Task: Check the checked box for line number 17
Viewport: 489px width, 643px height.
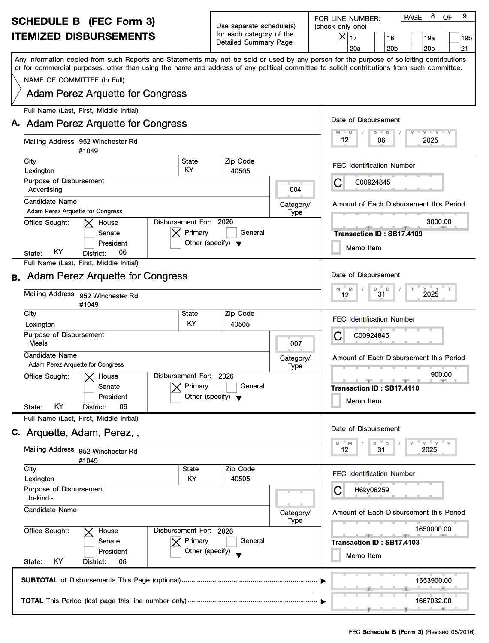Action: pyautogui.click(x=342, y=37)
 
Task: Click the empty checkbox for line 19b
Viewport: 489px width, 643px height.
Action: pyautogui.click(x=454, y=37)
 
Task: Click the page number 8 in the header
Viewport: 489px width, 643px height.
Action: pyautogui.click(x=433, y=17)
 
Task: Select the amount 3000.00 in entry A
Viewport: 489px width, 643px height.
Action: pyautogui.click(x=438, y=222)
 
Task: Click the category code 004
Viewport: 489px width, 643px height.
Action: pyautogui.click(x=295, y=190)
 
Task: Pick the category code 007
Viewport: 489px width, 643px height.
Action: pyautogui.click(x=296, y=343)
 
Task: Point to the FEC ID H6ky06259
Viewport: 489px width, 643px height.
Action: pyautogui.click(x=371, y=490)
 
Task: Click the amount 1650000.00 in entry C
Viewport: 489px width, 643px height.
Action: pyautogui.click(x=433, y=529)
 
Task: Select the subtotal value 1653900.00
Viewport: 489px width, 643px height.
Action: pyautogui.click(x=433, y=581)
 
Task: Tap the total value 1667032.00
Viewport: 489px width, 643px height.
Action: pyautogui.click(x=433, y=601)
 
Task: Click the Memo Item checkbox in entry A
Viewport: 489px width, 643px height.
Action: pyautogui.click(x=336, y=247)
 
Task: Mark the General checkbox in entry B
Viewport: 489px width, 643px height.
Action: pyautogui.click(x=232, y=387)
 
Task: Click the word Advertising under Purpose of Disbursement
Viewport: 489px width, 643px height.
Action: pyautogui.click(x=45, y=190)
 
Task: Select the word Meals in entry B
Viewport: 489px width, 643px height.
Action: pyautogui.click(x=38, y=343)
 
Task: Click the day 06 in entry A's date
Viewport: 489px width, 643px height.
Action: pyautogui.click(x=381, y=140)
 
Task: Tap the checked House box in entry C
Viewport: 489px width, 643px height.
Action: pyautogui.click(x=89, y=532)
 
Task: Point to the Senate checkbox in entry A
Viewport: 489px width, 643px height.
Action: pyautogui.click(x=89, y=233)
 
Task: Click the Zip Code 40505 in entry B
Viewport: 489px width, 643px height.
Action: pyautogui.click(x=240, y=325)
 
